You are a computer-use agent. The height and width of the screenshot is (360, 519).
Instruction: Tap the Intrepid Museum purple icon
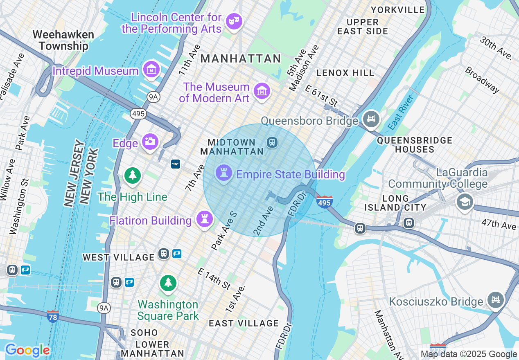tap(151, 70)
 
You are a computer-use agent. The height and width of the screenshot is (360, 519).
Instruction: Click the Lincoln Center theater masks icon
tap(234, 21)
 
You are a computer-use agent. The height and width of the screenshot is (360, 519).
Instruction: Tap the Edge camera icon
tap(150, 142)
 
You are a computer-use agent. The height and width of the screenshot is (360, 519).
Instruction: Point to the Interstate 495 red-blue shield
tap(324, 202)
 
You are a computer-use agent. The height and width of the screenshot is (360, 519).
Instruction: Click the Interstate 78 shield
tap(52, 317)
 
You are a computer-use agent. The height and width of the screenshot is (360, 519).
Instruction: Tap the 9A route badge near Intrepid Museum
tap(153, 97)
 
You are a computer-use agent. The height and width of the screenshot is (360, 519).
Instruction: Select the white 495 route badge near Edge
tap(139, 114)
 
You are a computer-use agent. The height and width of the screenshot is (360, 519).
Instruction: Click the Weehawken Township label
tap(63, 40)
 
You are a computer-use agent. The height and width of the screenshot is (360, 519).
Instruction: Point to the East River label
tap(402, 112)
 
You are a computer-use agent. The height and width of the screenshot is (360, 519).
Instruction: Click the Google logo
tap(27, 350)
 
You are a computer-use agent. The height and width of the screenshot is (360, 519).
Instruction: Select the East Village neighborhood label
tap(244, 323)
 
